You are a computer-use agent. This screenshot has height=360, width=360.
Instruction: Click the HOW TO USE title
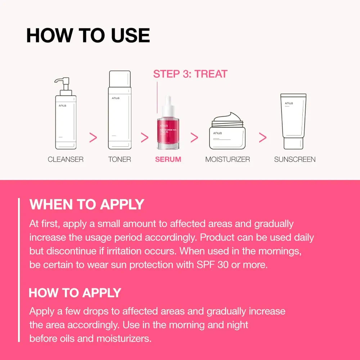pos(88,35)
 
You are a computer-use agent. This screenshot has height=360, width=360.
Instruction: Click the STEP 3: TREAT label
pos(190,74)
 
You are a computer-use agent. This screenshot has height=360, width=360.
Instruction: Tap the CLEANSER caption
pos(66,159)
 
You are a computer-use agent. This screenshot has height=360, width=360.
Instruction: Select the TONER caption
pos(120,159)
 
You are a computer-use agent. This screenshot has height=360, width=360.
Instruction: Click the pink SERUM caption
pos(168,159)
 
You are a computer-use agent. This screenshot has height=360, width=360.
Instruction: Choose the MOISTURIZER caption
pos(228,159)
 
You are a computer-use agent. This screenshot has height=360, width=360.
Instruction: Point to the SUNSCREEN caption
pos(294,159)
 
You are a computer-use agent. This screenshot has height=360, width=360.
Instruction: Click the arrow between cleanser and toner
pos(93,137)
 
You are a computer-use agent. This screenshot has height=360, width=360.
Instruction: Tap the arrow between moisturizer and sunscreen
pos(263,137)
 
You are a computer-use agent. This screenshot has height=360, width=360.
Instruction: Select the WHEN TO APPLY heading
pos(87,204)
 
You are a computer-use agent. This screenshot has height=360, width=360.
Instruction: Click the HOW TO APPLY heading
pos(75,293)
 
